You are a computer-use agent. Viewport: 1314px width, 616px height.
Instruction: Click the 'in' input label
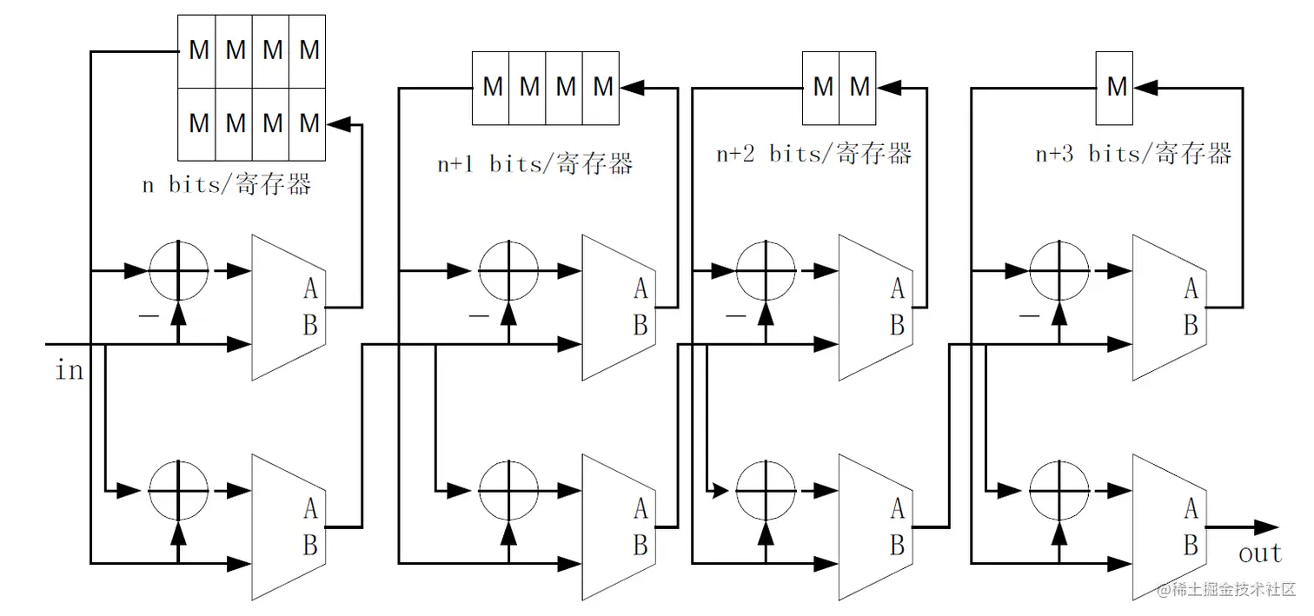[x=70, y=371]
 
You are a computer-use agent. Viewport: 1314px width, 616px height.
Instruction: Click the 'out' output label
[x=1260, y=553]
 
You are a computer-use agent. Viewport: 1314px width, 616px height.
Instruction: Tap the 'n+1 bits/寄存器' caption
[x=534, y=164]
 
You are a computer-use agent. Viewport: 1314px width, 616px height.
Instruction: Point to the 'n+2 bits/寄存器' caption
[x=814, y=154]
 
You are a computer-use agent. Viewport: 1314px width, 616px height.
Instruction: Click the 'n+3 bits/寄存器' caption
[x=1133, y=154]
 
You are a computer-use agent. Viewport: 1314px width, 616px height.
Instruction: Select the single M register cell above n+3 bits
[x=1118, y=87]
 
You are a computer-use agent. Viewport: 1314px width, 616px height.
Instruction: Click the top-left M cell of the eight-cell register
[x=198, y=51]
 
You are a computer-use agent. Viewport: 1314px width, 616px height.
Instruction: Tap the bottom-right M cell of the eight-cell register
[x=309, y=124]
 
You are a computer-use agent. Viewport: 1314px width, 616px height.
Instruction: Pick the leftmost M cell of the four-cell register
[x=492, y=87]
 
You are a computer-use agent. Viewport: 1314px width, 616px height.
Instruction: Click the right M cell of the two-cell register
[x=859, y=87]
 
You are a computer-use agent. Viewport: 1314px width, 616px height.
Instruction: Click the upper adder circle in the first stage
[x=179, y=270]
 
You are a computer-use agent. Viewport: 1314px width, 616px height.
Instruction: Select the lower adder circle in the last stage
[x=1058, y=490]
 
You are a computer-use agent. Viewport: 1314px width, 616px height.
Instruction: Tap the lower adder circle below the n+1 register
[x=509, y=490]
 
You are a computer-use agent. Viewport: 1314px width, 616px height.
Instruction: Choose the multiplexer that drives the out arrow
[x=1169, y=527]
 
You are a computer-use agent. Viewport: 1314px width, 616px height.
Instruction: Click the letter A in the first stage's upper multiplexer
[x=309, y=288]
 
